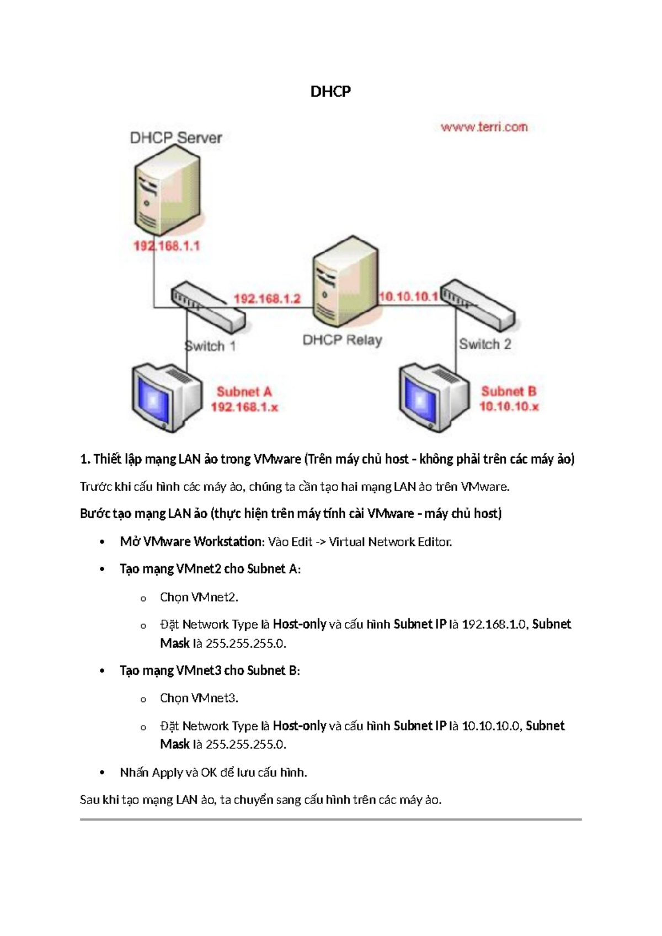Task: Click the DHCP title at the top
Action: pyautogui.click(x=330, y=91)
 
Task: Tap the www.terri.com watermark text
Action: pyautogui.click(x=484, y=127)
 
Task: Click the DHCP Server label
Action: pyautogui.click(x=175, y=137)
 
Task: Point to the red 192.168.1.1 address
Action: pyautogui.click(x=166, y=246)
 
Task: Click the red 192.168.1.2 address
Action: pyautogui.click(x=267, y=299)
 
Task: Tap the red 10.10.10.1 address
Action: pyautogui.click(x=408, y=297)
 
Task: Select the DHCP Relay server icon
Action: pyautogui.click(x=346, y=281)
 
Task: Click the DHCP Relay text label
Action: pyautogui.click(x=342, y=340)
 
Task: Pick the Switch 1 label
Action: pyautogui.click(x=210, y=346)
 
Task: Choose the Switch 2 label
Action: pyautogui.click(x=485, y=344)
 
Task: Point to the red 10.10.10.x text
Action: pyautogui.click(x=509, y=407)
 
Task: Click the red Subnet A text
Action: pyautogui.click(x=244, y=392)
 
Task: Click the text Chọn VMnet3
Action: pyautogui.click(x=199, y=698)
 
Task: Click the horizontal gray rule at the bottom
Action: pyautogui.click(x=330, y=820)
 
